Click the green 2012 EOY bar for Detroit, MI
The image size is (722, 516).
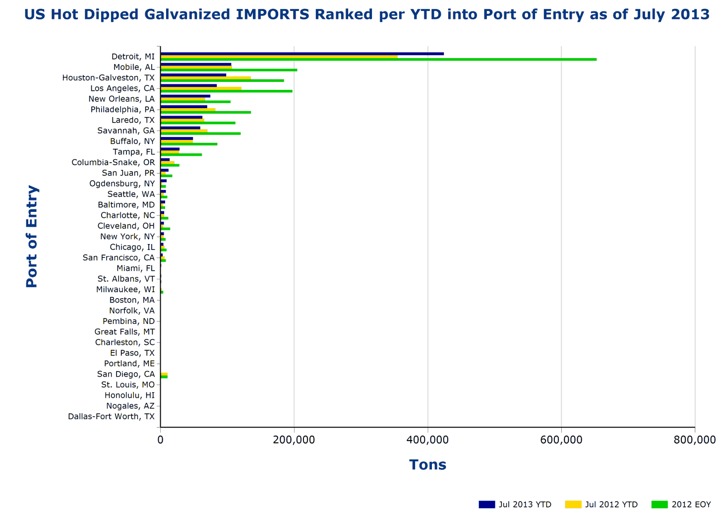point(378,60)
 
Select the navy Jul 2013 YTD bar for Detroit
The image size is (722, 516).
point(302,54)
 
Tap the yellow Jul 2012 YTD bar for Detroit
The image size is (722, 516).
point(279,57)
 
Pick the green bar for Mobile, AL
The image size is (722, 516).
point(229,70)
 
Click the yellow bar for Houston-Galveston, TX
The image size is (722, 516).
point(205,77)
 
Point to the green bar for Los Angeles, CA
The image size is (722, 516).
point(226,91)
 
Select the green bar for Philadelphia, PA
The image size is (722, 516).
point(205,113)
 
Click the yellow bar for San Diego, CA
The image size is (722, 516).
point(164,374)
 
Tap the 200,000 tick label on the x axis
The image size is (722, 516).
point(295,440)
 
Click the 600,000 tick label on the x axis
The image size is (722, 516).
point(561,440)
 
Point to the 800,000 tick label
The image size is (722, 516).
point(695,440)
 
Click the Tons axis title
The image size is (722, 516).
point(427,465)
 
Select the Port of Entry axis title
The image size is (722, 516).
point(32,236)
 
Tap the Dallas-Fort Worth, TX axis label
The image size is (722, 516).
point(111,416)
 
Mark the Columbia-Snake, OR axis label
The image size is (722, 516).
point(113,162)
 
